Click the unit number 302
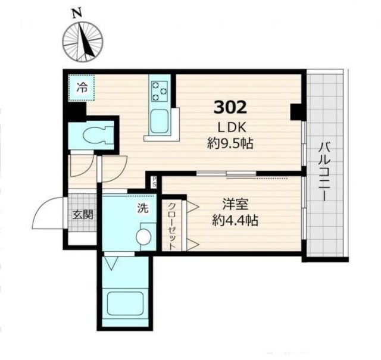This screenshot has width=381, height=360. tap(230, 107)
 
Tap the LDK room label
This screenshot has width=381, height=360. tap(232, 127)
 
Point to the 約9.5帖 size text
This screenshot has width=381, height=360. tap(230, 143)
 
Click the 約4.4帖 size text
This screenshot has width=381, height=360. tap(235, 221)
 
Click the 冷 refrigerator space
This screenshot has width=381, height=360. tap(81, 88)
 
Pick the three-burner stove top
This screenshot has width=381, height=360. tap(160, 91)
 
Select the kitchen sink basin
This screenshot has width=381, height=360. tap(160, 121)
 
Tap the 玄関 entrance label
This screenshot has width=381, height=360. tap(83, 215)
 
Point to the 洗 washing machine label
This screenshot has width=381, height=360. tap(143, 208)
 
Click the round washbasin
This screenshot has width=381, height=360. tap(144, 236)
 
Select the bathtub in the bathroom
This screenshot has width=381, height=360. tap(125, 303)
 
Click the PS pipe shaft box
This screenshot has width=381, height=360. tap(154, 182)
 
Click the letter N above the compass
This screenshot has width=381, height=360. tap(77, 14)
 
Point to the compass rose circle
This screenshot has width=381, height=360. tap(83, 42)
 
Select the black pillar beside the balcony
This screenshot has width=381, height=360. tap(296, 112)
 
